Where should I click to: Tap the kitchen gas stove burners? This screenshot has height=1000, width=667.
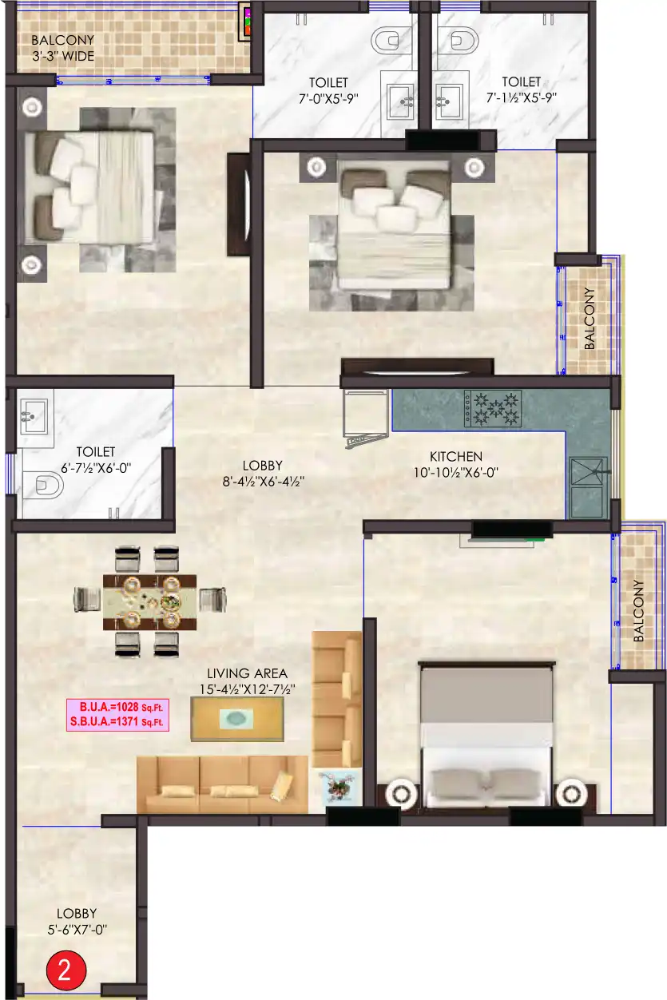tap(493, 408)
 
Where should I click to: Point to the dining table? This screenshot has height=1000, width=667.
tap(149, 601)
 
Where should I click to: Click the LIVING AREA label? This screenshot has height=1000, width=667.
tap(247, 673)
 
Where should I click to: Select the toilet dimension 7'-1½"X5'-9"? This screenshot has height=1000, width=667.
tap(521, 97)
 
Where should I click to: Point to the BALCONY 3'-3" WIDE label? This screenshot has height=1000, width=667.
tap(62, 48)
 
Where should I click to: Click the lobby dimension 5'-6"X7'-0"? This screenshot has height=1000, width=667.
tap(77, 930)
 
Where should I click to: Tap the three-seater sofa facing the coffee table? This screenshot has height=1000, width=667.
tap(222, 784)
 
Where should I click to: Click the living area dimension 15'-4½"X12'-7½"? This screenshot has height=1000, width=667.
tap(247, 689)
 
